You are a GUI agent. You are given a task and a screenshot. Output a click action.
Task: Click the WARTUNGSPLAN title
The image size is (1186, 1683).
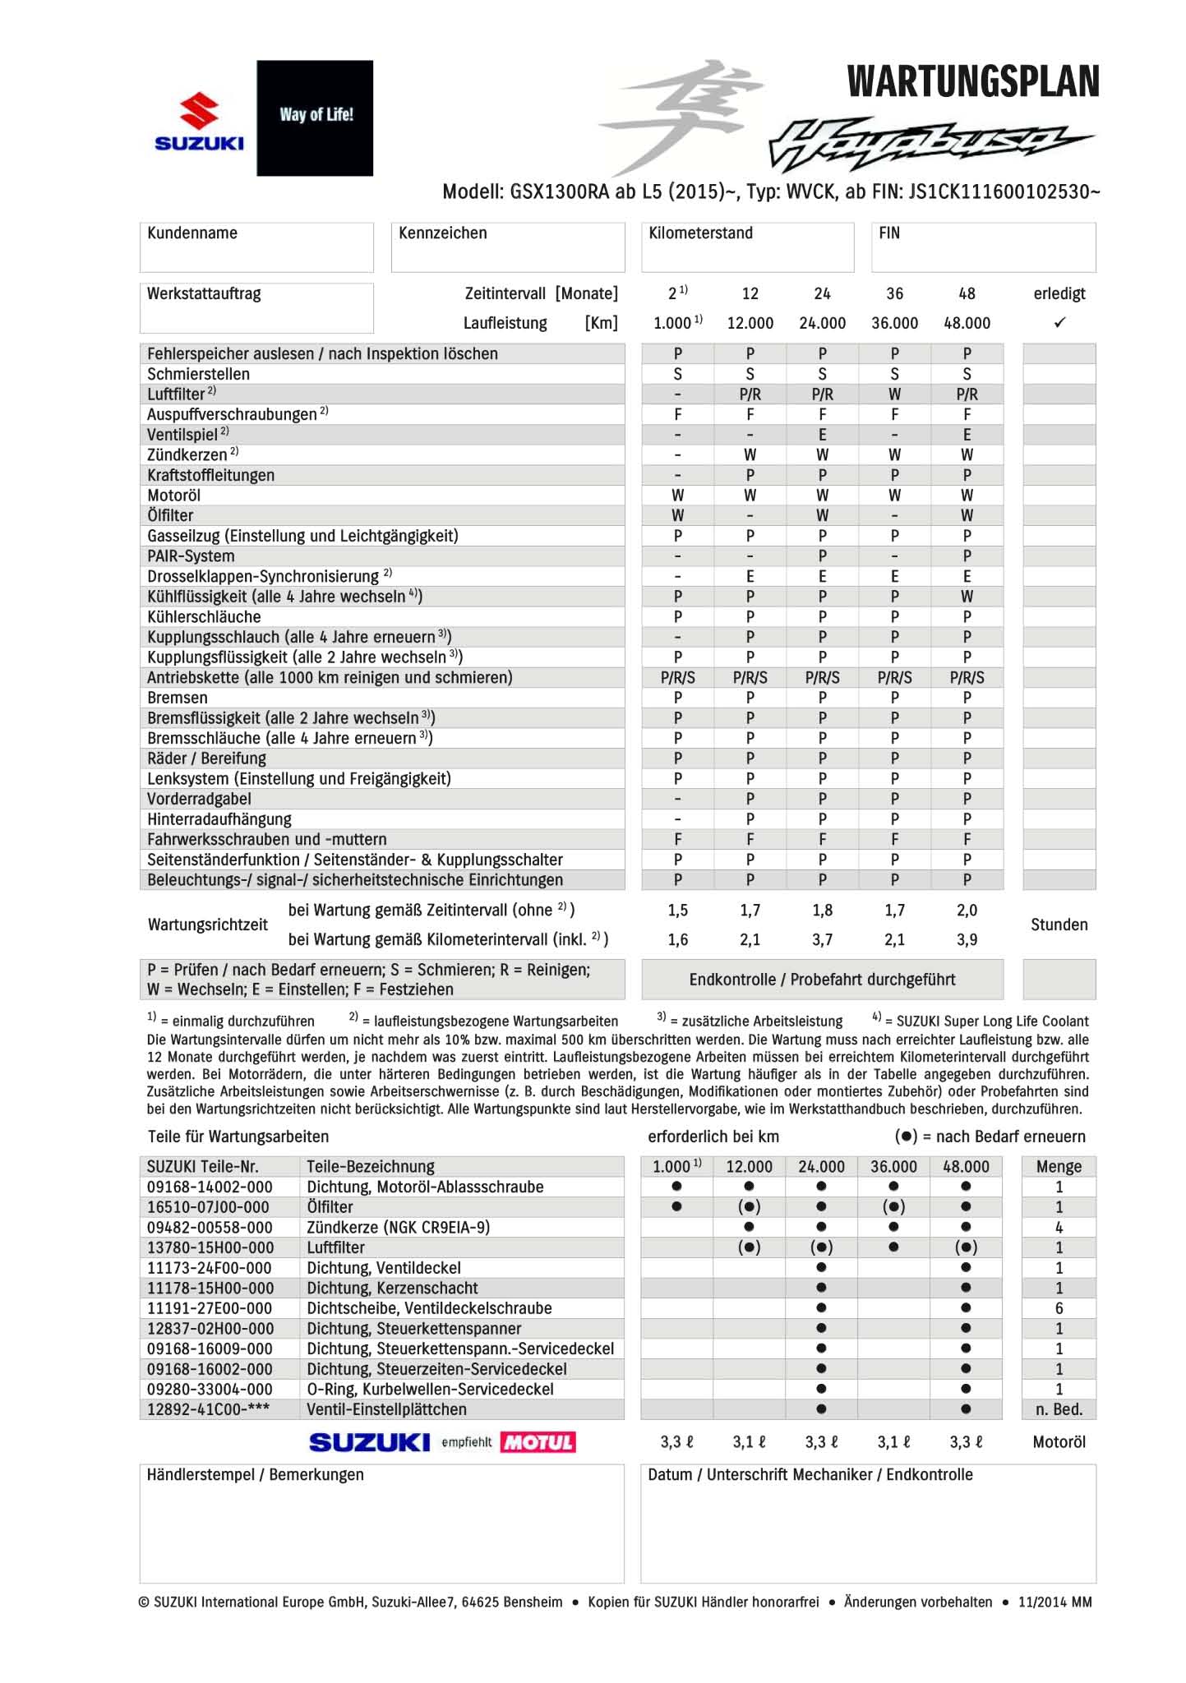tap(972, 82)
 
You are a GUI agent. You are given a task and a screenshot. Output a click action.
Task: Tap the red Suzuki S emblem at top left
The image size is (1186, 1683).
tap(200, 113)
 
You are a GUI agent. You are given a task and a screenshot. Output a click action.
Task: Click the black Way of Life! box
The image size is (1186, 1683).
tap(315, 118)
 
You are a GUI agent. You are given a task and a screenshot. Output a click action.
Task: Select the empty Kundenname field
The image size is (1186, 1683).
tap(256, 255)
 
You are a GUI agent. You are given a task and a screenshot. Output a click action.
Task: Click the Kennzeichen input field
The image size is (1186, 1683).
tap(507, 255)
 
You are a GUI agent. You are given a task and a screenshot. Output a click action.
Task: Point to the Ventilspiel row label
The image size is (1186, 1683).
tap(182, 435)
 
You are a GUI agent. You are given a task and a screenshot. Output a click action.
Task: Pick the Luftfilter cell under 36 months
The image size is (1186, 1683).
tap(894, 394)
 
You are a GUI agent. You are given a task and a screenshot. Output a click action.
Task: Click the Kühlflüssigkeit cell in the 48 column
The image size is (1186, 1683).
tap(967, 597)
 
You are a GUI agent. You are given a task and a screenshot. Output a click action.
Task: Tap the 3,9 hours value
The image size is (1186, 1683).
tap(967, 939)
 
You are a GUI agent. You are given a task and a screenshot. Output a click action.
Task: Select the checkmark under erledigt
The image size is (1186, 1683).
tap(1059, 323)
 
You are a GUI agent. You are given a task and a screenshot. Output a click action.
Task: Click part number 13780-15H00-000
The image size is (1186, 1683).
tap(209, 1247)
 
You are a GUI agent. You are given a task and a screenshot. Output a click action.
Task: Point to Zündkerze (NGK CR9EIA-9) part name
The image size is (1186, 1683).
tap(398, 1227)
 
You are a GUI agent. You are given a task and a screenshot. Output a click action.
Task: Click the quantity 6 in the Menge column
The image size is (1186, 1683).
tap(1059, 1308)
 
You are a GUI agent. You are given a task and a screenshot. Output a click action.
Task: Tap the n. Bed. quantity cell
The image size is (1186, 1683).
tap(1059, 1409)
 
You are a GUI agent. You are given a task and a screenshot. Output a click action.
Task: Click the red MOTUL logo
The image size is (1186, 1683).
tap(538, 1442)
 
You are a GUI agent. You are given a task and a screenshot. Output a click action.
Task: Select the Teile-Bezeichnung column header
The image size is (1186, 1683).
tap(370, 1166)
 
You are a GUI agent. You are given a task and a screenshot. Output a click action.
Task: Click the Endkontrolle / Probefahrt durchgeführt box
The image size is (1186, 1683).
tap(822, 980)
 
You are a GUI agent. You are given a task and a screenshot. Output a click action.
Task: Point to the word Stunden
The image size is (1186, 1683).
tap(1059, 924)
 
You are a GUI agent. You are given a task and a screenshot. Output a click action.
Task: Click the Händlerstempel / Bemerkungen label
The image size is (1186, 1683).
tap(255, 1475)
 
